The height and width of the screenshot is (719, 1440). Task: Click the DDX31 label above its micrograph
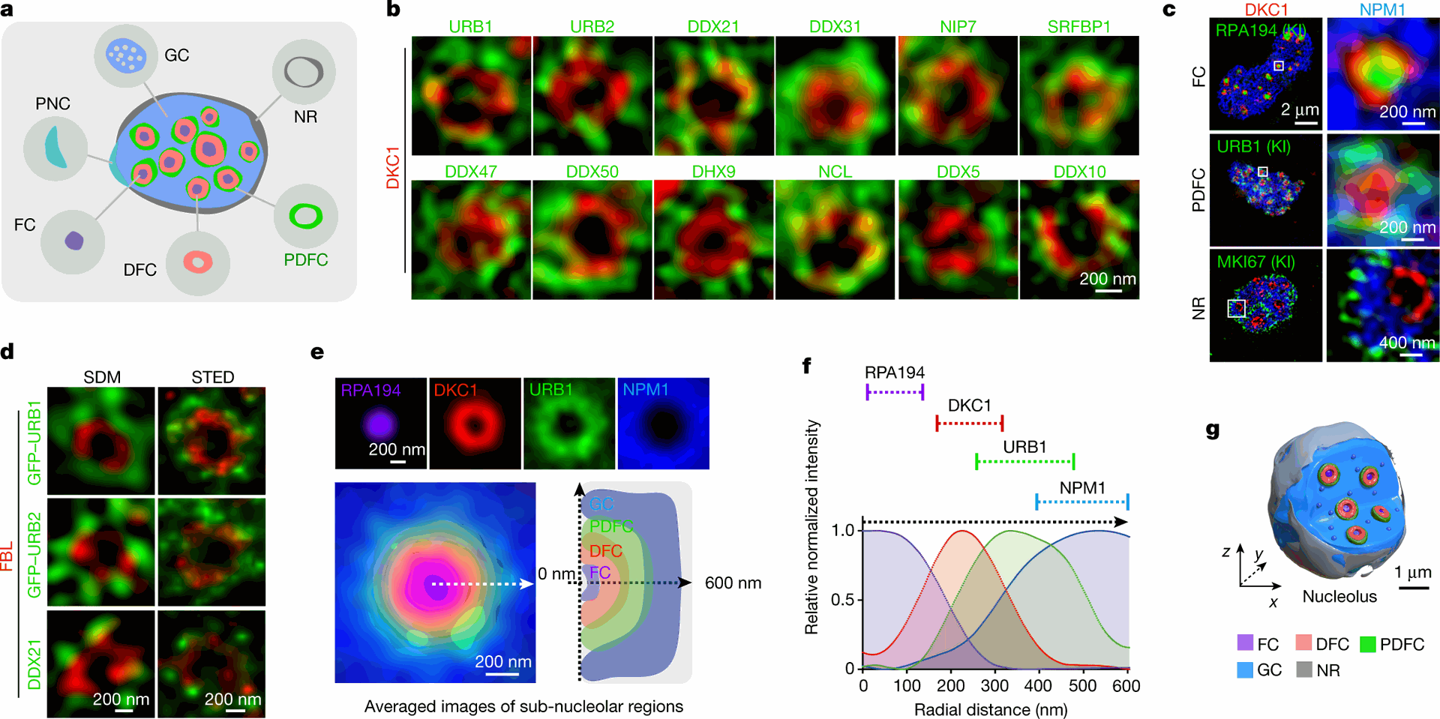point(835,27)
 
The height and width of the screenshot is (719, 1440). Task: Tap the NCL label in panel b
point(835,172)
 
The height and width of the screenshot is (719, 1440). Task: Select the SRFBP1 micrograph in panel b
point(1079,96)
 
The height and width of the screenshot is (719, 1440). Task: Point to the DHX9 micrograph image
point(713,240)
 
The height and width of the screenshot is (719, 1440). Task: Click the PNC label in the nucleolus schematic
point(52,103)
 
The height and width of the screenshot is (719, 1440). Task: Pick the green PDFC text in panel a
point(306,259)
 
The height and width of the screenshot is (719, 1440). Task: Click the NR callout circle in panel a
point(304,72)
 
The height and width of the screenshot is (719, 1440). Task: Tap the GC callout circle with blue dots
point(126,55)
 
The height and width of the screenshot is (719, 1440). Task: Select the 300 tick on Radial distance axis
point(994,685)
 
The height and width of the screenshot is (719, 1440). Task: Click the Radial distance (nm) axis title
point(990,709)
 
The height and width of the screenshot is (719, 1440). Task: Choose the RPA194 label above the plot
point(894,373)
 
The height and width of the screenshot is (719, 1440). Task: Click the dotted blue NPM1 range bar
point(1082,502)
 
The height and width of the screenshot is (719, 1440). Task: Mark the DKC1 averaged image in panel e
point(475,424)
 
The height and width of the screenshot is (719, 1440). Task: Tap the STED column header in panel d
point(212,377)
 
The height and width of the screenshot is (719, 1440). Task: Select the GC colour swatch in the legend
point(1246,670)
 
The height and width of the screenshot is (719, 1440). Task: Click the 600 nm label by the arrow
point(733,583)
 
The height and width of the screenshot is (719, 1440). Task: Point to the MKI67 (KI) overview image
point(1265,306)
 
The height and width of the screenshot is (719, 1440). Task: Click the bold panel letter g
point(1213,430)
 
